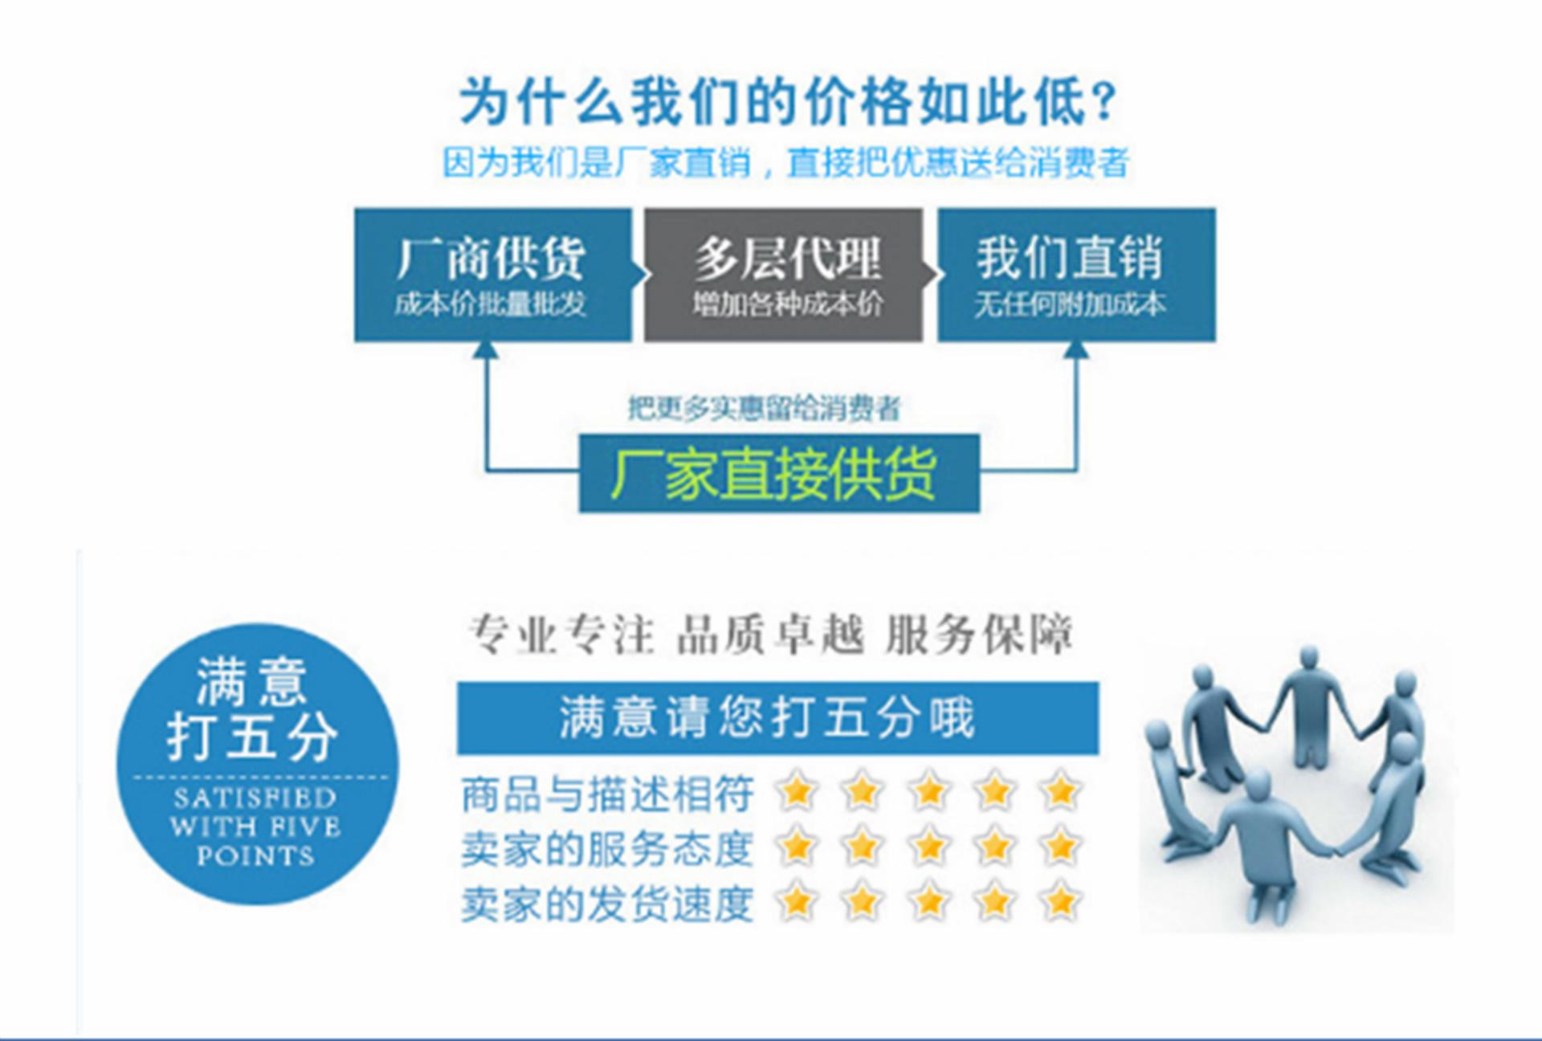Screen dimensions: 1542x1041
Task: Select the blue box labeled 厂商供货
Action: pos(492,275)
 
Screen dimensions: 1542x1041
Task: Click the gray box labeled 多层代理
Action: pos(783,275)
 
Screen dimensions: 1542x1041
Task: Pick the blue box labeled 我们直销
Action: pos(1076,275)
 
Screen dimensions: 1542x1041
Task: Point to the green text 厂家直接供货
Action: pos(773,474)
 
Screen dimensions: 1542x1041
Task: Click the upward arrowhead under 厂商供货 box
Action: pos(485,349)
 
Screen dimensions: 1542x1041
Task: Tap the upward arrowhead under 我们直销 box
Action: pos(1076,349)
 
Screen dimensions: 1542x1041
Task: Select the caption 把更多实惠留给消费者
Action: pos(764,409)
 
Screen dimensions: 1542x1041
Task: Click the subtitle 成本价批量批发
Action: pos(491,304)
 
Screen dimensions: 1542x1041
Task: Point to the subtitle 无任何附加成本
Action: pos(1070,304)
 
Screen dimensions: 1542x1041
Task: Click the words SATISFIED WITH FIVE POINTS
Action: pos(255,827)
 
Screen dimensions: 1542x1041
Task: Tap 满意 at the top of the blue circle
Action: pos(252,681)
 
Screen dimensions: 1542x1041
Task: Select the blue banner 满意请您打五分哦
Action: pos(777,717)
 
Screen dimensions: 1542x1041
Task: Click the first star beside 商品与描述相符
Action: pos(796,792)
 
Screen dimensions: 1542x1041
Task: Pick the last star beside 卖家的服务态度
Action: pos(1060,847)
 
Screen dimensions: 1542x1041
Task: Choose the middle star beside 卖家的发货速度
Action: pos(928,901)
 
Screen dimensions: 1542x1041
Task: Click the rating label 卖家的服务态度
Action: pos(607,848)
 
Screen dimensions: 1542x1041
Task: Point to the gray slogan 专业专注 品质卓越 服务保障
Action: pos(771,635)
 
